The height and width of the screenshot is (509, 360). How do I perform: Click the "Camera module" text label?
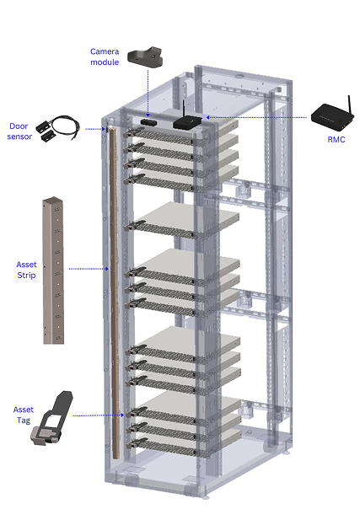pyautogui.click(x=105, y=56)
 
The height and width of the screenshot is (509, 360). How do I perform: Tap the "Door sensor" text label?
pyautogui.click(x=19, y=131)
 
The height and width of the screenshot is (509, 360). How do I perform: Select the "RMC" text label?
pyautogui.click(x=336, y=140)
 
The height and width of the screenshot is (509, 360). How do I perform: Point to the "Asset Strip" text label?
pyautogui.click(x=26, y=270)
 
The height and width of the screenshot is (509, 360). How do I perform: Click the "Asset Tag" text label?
pyautogui.click(x=24, y=415)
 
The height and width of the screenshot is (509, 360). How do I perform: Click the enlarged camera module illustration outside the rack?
pyautogui.click(x=145, y=58)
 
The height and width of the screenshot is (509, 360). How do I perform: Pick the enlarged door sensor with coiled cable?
pyautogui.click(x=58, y=129)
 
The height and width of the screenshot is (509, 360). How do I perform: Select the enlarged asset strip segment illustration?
pyautogui.click(x=53, y=270)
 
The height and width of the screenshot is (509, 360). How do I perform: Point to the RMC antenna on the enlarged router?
pyautogui.click(x=350, y=104)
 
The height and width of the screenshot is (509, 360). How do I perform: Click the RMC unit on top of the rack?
pyautogui.click(x=187, y=121)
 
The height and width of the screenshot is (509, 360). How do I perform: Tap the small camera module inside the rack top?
pyautogui.click(x=148, y=122)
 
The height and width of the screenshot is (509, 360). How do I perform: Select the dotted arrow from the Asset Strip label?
pyautogui.click(x=89, y=269)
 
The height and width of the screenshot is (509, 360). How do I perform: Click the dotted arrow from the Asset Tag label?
pyautogui.click(x=99, y=415)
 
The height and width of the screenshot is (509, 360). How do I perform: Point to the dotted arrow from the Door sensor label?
pyautogui.click(x=95, y=129)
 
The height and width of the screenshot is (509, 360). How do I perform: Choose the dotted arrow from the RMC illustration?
pyautogui.click(x=256, y=117)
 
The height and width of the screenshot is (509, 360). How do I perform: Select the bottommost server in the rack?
pyautogui.click(x=185, y=441)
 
